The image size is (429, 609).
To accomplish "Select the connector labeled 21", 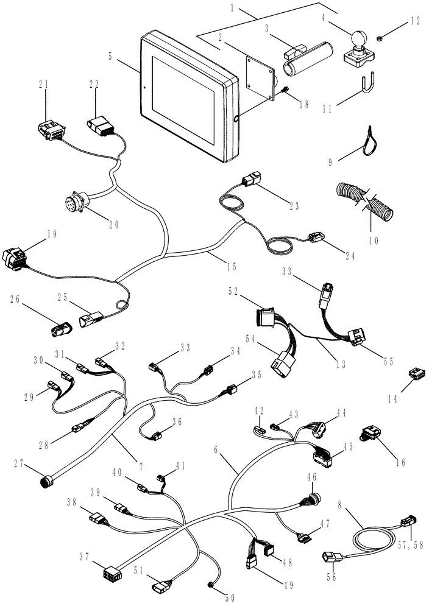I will point(52,130).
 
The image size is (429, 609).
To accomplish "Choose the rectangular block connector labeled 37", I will point(111,574).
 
